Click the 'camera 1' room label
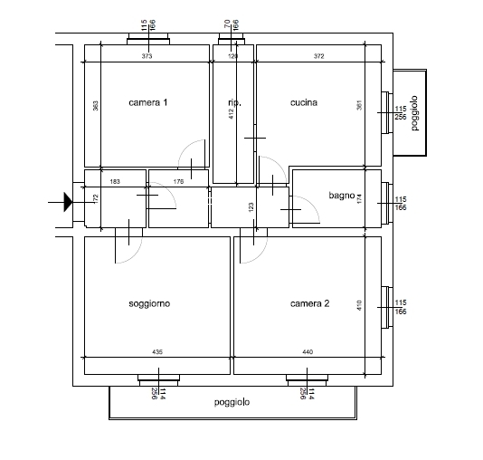147,102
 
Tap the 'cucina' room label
304,102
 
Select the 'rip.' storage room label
235,102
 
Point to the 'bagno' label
342,196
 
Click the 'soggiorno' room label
149,303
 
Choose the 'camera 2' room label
309,303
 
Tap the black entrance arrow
68,202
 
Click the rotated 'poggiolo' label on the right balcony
414,113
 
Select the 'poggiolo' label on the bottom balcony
232,402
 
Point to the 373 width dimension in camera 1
147,56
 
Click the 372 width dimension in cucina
318,56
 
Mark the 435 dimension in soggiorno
157,351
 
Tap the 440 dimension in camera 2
308,351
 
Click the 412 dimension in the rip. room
232,114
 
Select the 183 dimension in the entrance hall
115,182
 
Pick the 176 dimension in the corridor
178,182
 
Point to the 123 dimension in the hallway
251,206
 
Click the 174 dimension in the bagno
359,199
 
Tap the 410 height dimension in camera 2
359,305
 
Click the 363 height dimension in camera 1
96,106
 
